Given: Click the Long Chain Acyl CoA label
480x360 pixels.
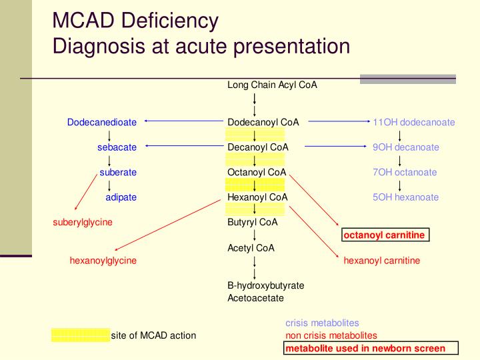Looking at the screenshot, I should [x=272, y=85].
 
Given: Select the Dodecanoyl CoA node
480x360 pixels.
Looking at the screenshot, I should [x=263, y=122].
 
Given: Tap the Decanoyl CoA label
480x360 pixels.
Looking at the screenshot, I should [x=258, y=147].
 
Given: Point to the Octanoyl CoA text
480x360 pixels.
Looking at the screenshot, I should [x=257, y=172].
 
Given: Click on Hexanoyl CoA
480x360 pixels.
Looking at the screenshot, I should [x=257, y=197].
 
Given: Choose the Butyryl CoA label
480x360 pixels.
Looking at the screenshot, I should [x=253, y=222].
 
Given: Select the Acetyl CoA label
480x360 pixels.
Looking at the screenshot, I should [x=251, y=248].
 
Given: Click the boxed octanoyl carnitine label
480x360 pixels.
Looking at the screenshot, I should [x=384, y=235].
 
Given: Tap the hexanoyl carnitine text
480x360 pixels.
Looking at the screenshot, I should [x=382, y=261].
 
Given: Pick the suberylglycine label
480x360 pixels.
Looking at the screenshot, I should [x=83, y=222].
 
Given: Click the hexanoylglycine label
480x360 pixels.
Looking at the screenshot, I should [x=103, y=261].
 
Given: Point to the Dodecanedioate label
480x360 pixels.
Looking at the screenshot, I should [x=102, y=122].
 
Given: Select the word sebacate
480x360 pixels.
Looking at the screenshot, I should [x=117, y=147].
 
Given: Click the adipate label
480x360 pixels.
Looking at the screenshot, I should [x=121, y=197].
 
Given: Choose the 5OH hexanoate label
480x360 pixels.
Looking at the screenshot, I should [x=406, y=197].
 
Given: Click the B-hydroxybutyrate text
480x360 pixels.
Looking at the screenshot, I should [x=266, y=285].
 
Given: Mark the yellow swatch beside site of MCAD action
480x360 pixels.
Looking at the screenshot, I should [x=80, y=335].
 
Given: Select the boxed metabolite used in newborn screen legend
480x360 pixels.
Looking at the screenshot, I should [x=371, y=349].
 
